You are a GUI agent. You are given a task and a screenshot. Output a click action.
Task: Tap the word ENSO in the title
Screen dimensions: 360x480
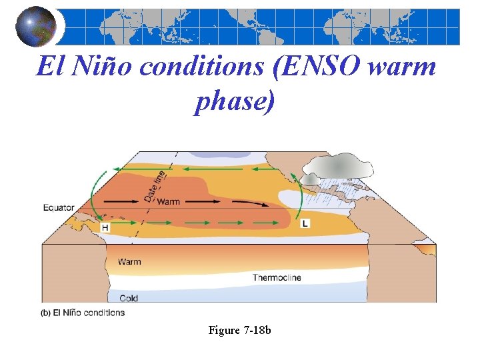(309, 67)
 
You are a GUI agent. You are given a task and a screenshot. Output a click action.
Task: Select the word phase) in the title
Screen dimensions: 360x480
(234, 101)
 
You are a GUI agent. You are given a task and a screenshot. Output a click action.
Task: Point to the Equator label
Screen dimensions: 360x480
(59, 207)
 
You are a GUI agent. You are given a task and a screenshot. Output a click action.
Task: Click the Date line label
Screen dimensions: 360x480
(153, 186)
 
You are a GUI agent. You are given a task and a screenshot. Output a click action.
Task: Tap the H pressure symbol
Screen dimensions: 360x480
(105, 227)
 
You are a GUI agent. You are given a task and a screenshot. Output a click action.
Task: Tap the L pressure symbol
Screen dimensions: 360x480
(305, 223)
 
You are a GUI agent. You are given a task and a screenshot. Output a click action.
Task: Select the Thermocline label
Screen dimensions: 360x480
(277, 277)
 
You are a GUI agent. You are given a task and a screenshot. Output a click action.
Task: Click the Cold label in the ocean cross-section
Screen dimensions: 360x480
(129, 297)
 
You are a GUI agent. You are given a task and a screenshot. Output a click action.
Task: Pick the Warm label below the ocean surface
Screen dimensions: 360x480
(129, 261)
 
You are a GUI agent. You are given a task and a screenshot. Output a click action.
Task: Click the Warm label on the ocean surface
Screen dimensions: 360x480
(169, 201)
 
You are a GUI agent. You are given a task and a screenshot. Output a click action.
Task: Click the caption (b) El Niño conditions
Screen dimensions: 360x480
(83, 312)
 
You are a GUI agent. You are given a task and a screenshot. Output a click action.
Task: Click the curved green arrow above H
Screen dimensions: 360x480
(97, 190)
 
